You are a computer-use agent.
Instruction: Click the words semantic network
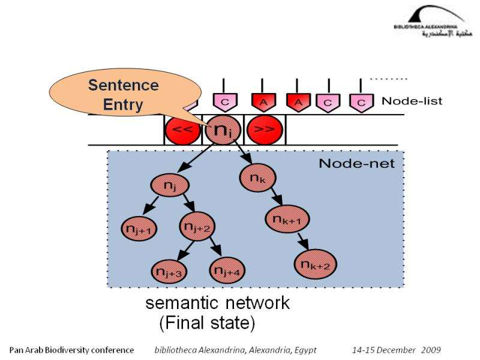(218, 303)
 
